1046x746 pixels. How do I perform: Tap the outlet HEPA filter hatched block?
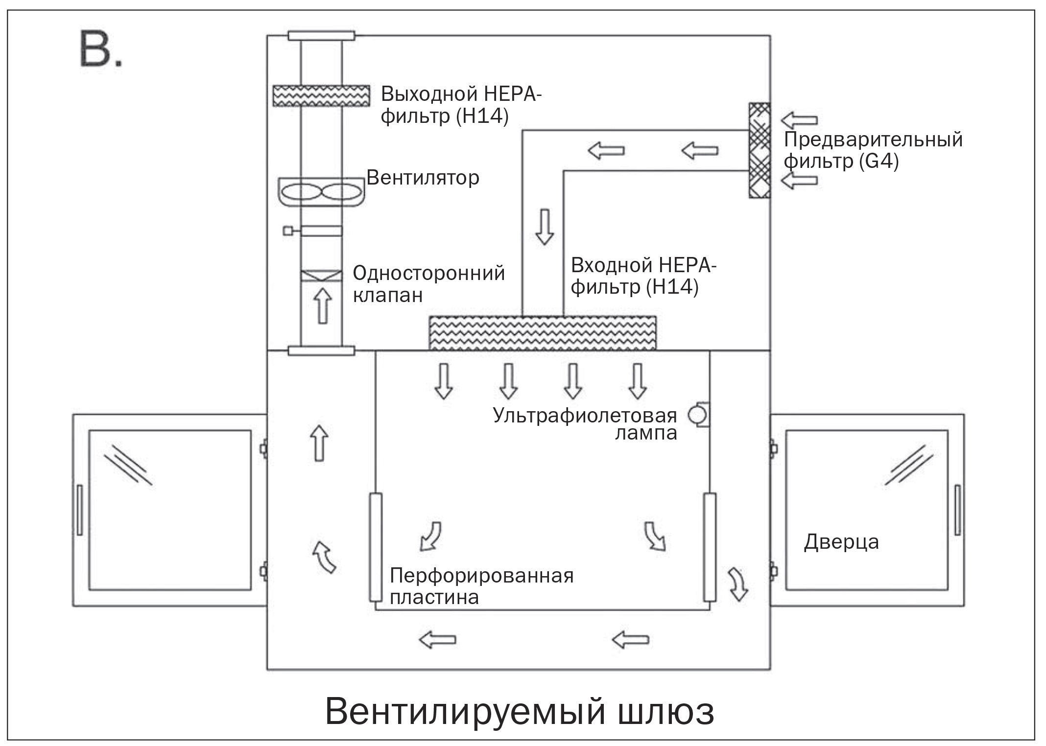(321, 95)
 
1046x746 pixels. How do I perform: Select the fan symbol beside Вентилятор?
(321, 191)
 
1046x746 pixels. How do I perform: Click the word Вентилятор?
(423, 177)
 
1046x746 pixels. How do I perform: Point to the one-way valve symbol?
(321, 276)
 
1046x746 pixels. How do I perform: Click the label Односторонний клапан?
(428, 284)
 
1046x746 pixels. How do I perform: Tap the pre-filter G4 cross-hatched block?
(759, 150)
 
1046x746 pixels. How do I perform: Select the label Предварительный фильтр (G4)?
(873, 150)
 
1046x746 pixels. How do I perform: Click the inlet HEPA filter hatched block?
(543, 333)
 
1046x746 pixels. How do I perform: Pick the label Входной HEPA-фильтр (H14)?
(643, 276)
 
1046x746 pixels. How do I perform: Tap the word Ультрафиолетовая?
(585, 415)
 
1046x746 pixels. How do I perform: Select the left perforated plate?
(376, 547)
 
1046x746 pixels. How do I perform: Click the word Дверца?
(841, 542)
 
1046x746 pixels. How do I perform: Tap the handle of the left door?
(79, 510)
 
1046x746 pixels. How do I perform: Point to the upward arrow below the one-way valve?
(322, 305)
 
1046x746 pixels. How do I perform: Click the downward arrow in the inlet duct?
(544, 227)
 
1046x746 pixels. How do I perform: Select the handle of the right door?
(958, 510)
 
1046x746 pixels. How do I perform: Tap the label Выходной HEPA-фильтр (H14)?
(460, 105)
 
